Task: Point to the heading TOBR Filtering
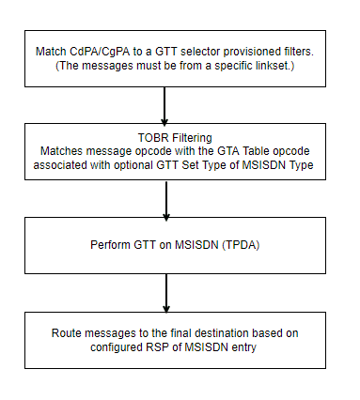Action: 164,136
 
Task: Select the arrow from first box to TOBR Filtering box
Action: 164,105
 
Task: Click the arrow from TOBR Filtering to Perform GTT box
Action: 164,199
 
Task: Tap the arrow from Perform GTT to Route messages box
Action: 164,291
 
